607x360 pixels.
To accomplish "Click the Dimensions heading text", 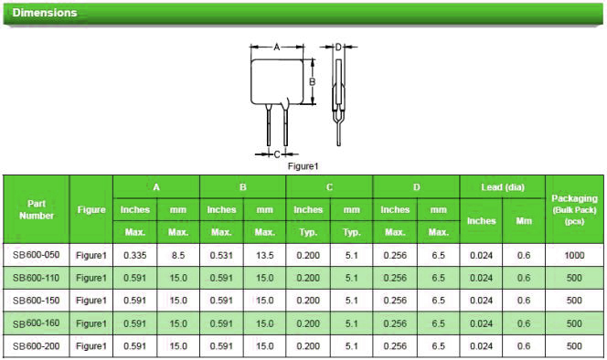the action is pyautogui.click(x=45, y=13).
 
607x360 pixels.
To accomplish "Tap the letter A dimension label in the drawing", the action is pyautogui.click(x=276, y=48).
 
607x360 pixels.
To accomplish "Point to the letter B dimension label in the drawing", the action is pyautogui.click(x=312, y=81).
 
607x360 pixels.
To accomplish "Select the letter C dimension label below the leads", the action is pyautogui.click(x=277, y=154).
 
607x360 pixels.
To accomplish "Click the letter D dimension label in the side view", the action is pyautogui.click(x=338, y=48).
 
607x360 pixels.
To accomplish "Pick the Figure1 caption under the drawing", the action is pyautogui.click(x=303, y=166).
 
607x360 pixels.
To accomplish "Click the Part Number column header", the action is pyautogui.click(x=37, y=209).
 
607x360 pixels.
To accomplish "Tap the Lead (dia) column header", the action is pyautogui.click(x=503, y=187).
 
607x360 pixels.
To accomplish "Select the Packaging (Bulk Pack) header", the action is pyautogui.click(x=574, y=209).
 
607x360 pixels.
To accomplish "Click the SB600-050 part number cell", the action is pyautogui.click(x=36, y=255).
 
